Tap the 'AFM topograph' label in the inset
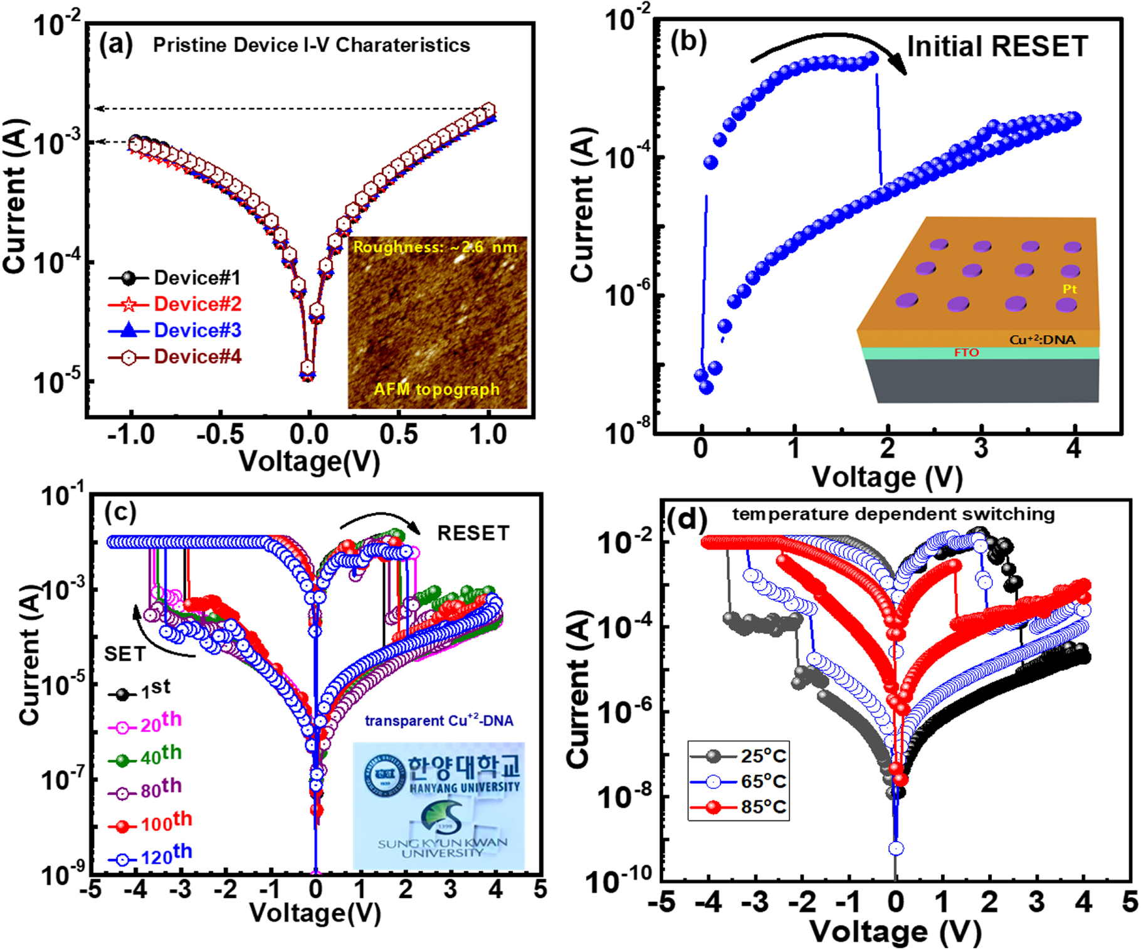[436, 389]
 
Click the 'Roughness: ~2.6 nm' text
[435, 247]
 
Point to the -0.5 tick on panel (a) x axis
[219, 435]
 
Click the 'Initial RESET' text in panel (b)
[997, 46]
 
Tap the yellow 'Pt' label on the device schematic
[1070, 289]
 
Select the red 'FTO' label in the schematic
[966, 353]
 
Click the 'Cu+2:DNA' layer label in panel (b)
[1042, 340]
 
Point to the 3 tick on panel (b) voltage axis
[981, 449]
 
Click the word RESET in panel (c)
[473, 533]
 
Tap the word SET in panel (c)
[125, 654]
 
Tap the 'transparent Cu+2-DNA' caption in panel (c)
[439, 721]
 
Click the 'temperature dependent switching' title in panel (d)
[893, 514]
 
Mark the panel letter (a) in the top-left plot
[116, 45]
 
